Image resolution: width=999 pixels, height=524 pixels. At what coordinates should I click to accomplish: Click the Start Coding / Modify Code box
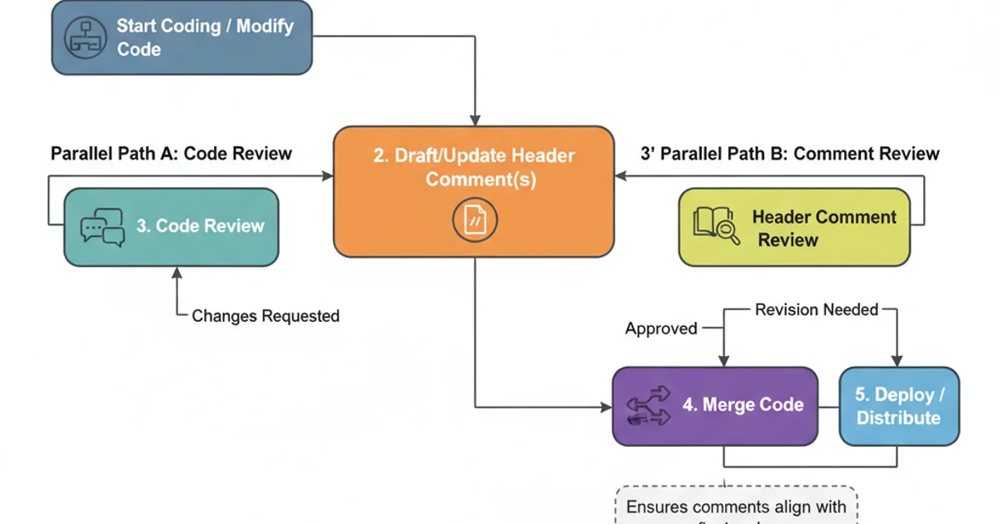point(181,38)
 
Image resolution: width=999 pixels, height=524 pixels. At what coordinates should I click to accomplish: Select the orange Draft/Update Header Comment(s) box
point(474,191)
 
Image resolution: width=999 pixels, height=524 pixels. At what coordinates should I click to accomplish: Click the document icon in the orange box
point(474,220)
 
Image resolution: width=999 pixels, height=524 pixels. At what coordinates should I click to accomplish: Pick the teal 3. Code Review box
point(171,227)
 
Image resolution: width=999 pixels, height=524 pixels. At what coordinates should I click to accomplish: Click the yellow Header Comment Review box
point(794,227)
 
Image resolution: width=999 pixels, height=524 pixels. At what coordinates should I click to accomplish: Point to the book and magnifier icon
point(717,225)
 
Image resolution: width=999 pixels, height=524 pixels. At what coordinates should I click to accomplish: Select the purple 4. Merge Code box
point(715,406)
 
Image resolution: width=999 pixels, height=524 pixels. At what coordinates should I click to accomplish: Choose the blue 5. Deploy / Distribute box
point(898,406)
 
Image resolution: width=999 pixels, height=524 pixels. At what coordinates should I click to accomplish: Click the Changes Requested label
point(266,316)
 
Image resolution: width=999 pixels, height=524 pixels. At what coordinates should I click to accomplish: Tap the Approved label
point(661,329)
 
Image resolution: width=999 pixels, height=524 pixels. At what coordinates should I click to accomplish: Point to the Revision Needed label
point(817,309)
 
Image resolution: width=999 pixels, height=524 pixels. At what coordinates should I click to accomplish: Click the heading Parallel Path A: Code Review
point(171,154)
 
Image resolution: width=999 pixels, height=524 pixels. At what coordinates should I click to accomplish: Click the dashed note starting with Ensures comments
point(736,506)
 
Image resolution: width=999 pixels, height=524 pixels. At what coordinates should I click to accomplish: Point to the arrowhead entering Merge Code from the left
point(606,407)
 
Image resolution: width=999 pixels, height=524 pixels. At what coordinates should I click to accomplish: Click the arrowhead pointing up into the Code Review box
point(176,273)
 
